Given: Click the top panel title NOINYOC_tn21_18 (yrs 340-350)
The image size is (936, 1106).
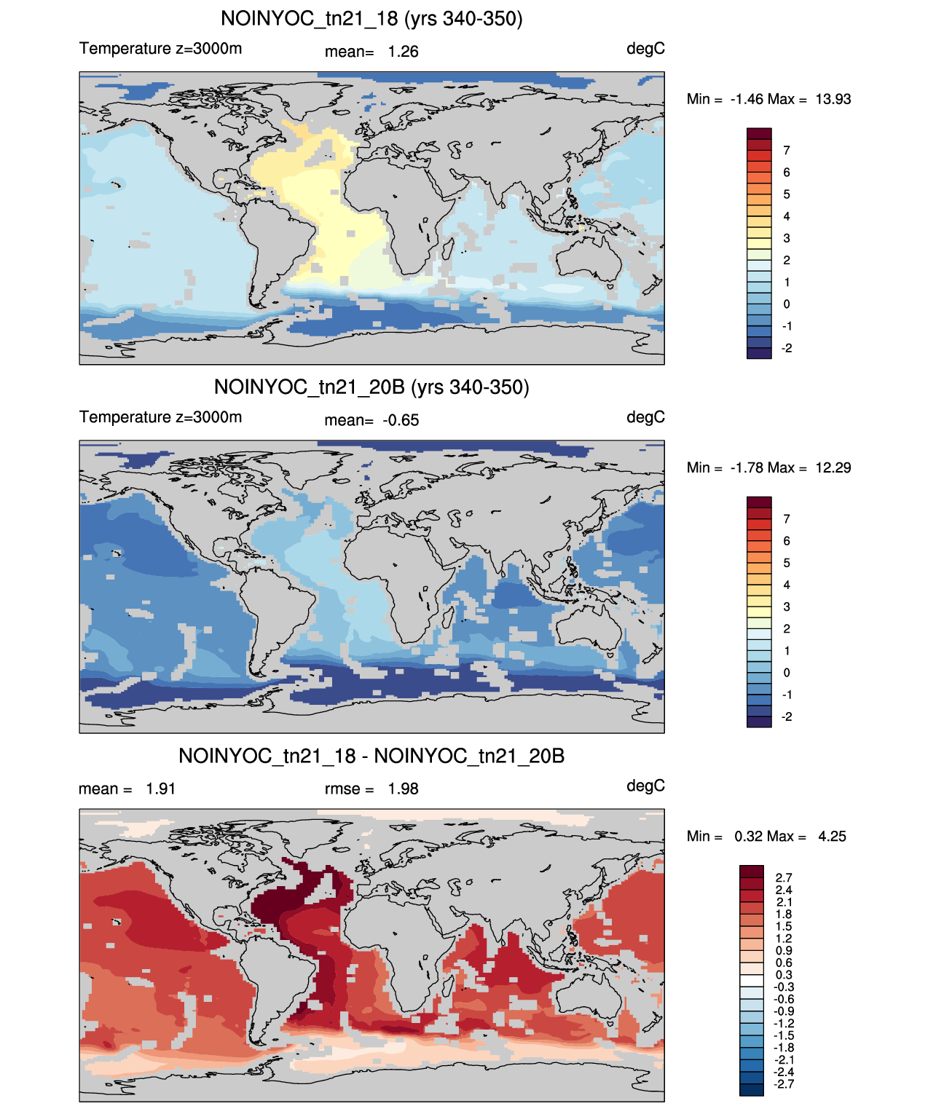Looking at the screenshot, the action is point(371,19).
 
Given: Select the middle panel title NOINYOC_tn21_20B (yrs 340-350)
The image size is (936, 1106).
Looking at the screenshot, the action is point(371,387).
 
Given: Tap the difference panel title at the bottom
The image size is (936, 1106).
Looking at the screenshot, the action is point(371,756).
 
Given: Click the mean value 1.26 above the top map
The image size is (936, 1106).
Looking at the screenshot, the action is point(403,52).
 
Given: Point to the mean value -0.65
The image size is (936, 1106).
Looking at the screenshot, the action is point(401,420).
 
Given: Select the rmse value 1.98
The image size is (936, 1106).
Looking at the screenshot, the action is point(403,789).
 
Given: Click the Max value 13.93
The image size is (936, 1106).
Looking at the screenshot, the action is point(833,99).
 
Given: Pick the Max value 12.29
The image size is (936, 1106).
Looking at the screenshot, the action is point(833,467).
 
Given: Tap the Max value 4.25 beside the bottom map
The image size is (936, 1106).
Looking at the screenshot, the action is point(832,837).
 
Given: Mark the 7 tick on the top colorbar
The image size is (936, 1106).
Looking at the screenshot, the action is point(786,151).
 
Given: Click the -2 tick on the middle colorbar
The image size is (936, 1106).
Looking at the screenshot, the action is point(786,716).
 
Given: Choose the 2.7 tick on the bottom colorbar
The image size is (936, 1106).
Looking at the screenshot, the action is point(784,878).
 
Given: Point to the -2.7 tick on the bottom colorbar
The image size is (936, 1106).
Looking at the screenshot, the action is point(784,1085).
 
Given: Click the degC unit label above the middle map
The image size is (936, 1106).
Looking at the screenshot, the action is point(645,417).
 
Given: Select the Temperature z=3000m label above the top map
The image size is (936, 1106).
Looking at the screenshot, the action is point(160,49).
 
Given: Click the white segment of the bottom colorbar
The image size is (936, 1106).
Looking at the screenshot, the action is point(752,981).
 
